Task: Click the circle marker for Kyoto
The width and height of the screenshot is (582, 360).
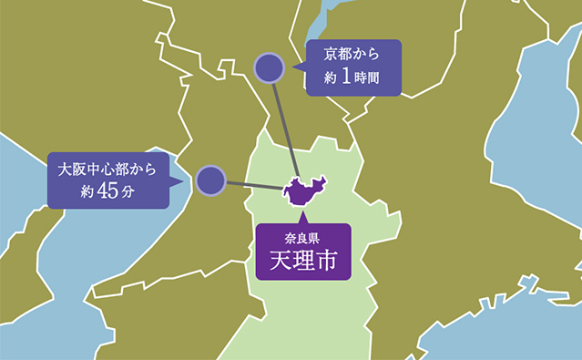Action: tap(270, 68)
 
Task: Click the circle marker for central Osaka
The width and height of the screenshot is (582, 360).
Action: tap(210, 180)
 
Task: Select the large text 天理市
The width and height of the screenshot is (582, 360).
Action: tap(302, 262)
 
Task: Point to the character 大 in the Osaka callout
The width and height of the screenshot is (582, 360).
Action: tap(65, 169)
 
